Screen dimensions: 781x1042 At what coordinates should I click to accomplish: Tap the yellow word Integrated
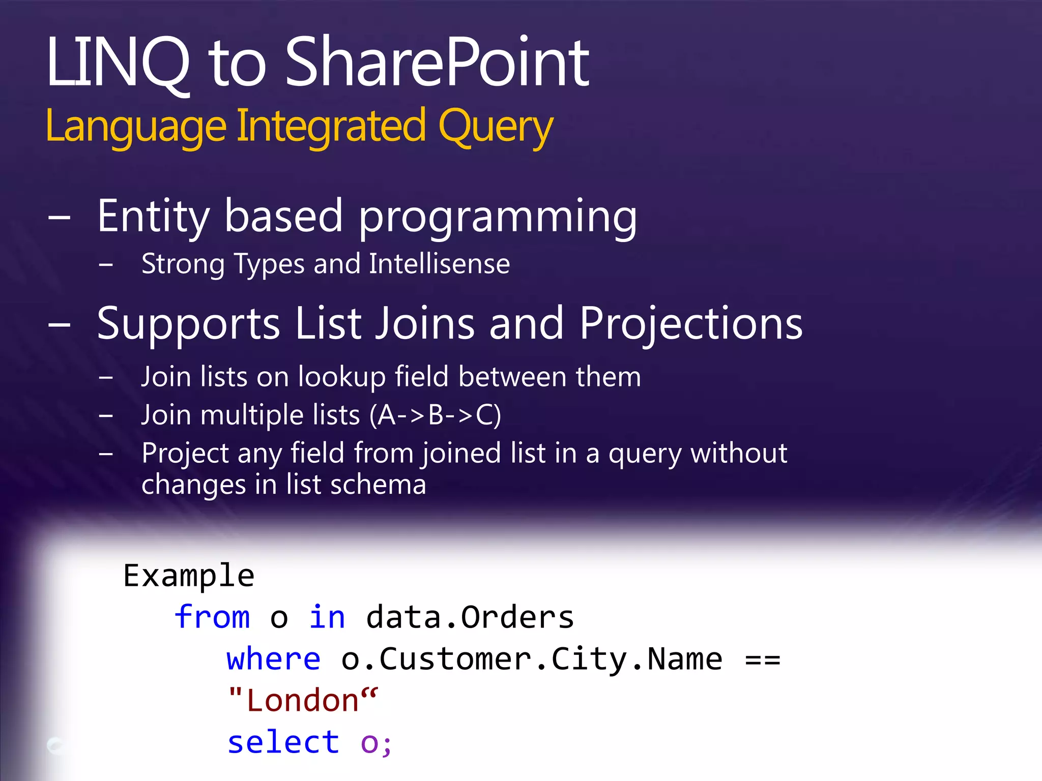click(331, 126)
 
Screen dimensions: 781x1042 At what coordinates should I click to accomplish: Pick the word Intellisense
click(439, 264)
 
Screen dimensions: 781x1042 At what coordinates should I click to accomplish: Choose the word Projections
click(691, 324)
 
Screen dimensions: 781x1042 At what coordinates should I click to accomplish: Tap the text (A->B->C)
click(436, 415)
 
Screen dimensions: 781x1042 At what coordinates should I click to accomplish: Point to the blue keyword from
click(212, 617)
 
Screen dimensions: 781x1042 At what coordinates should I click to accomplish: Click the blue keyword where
click(274, 659)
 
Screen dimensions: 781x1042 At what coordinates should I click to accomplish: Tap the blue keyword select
click(283, 742)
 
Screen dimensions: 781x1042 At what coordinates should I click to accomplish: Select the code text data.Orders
click(470, 617)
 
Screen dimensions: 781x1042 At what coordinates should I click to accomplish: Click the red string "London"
click(303, 701)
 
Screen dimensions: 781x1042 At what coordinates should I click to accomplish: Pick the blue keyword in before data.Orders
click(327, 617)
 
